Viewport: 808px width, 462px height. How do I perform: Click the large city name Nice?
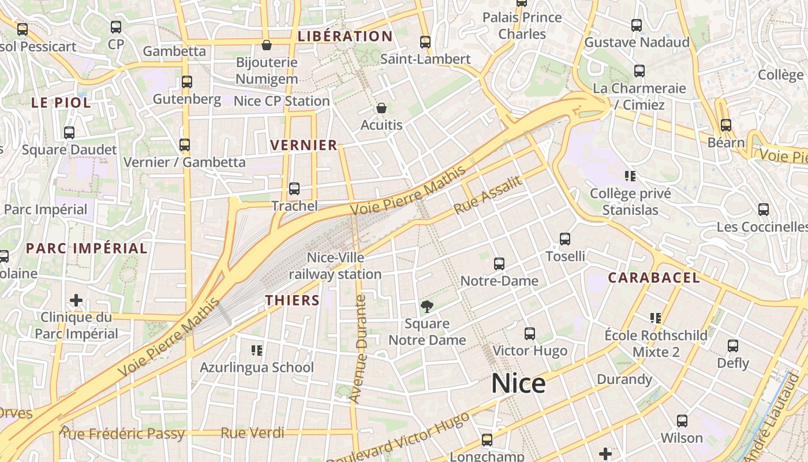click(x=518, y=383)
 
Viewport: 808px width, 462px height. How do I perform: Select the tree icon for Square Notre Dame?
click(x=427, y=307)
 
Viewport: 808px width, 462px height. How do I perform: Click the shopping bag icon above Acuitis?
click(x=381, y=108)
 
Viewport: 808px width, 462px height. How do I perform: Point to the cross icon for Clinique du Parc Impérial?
click(x=76, y=300)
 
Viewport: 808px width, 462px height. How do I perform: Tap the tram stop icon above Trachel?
click(x=294, y=189)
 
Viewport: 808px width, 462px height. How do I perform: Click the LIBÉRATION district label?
click(x=345, y=36)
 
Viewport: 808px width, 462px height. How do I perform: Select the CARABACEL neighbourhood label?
click(x=654, y=278)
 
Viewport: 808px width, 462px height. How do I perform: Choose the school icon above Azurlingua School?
click(x=257, y=350)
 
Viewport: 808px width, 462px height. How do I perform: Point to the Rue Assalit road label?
click(x=488, y=195)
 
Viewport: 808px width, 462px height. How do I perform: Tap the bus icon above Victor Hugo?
click(x=529, y=334)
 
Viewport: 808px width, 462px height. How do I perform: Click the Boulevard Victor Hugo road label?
click(x=398, y=438)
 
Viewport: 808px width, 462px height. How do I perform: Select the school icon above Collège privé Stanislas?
click(x=630, y=176)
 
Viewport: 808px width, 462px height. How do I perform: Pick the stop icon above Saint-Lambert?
click(x=425, y=42)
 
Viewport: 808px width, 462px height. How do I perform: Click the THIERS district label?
click(x=293, y=300)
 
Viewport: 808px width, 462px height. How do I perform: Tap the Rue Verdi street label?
click(x=252, y=433)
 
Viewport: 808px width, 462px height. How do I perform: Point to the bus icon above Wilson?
click(x=682, y=421)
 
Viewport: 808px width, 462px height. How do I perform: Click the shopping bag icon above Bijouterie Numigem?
click(x=267, y=45)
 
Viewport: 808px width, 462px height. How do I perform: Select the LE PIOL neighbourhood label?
click(x=61, y=103)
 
